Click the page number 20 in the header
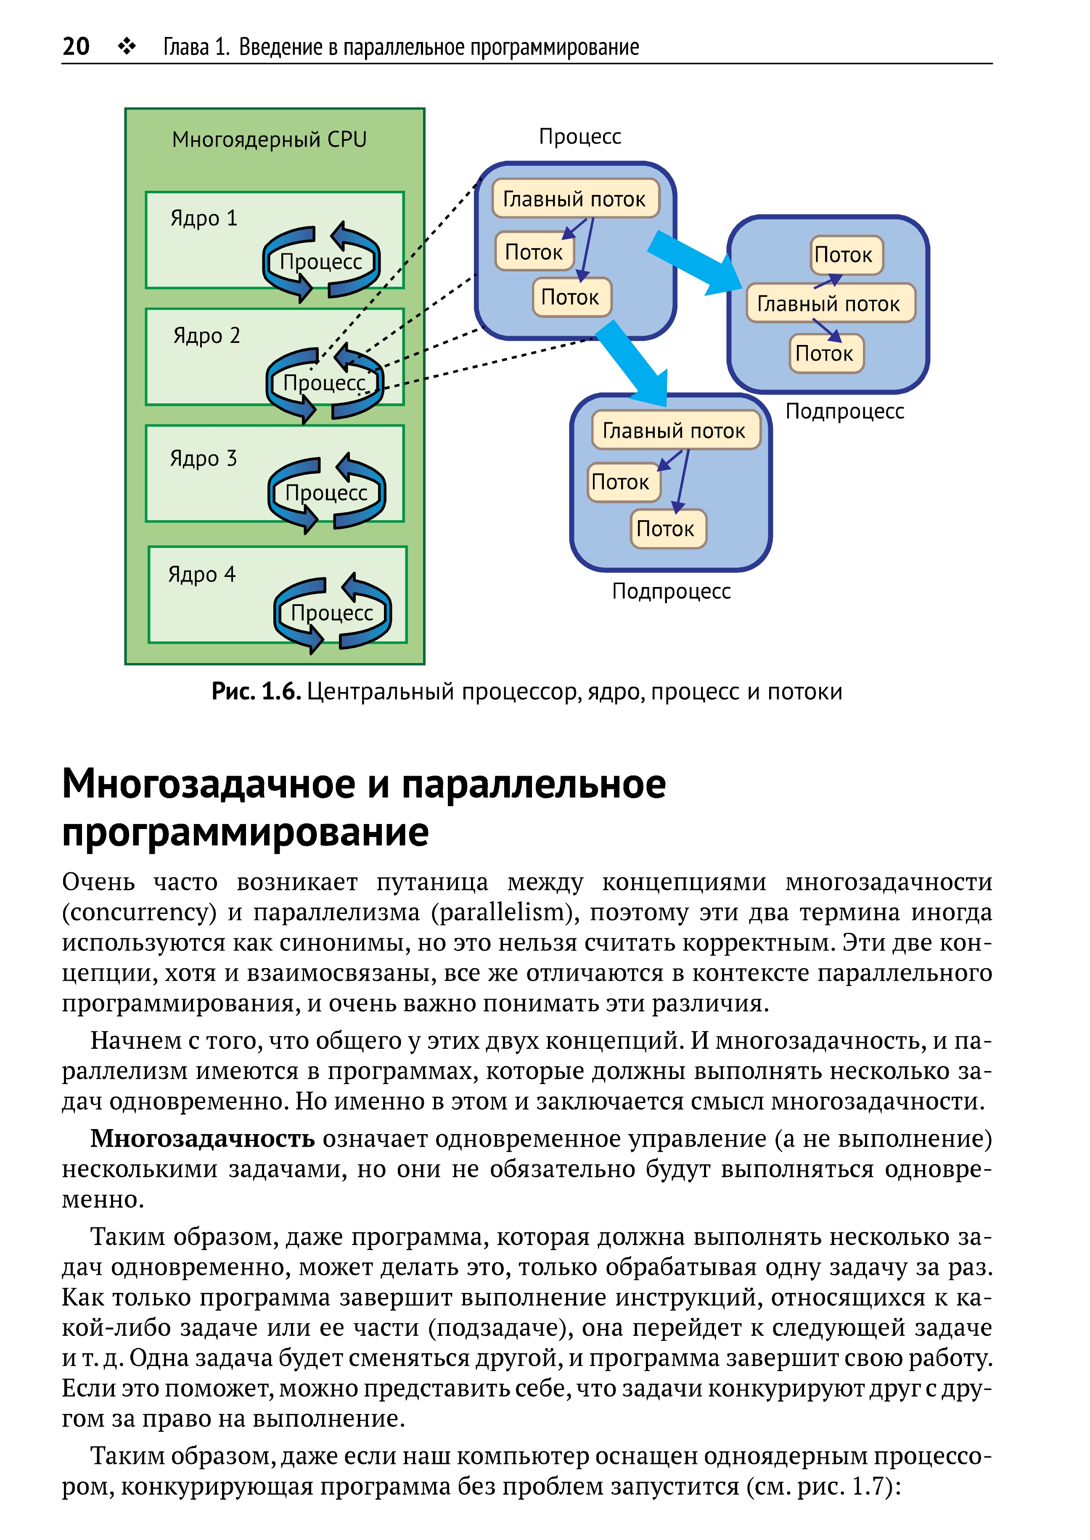click(x=76, y=46)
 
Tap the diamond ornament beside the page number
click(x=127, y=46)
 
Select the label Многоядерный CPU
click(x=269, y=140)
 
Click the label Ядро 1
click(x=204, y=218)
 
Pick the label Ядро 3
click(x=204, y=459)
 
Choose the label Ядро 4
click(x=201, y=575)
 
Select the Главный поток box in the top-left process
click(x=575, y=198)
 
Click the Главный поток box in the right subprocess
click(x=830, y=303)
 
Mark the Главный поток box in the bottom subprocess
click(x=676, y=430)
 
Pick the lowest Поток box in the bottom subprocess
click(x=668, y=529)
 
